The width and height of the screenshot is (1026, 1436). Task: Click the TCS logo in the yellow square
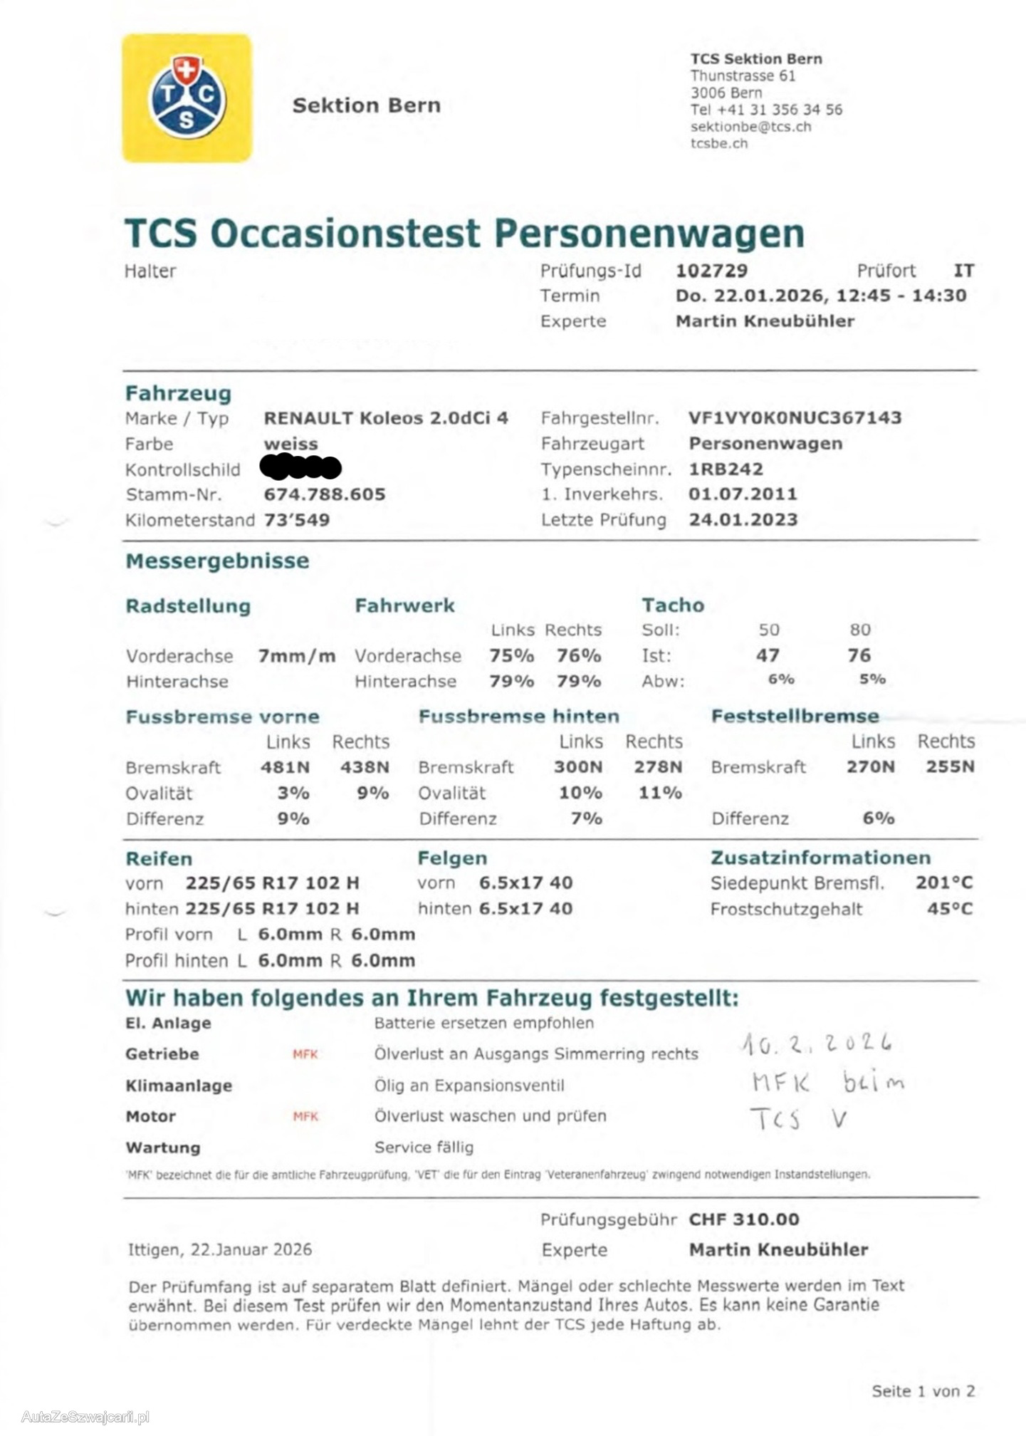click(x=187, y=98)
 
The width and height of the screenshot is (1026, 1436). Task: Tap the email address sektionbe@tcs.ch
click(x=750, y=127)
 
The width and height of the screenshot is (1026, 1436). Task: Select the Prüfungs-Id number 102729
click(x=711, y=271)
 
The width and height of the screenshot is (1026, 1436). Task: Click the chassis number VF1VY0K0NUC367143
click(x=795, y=418)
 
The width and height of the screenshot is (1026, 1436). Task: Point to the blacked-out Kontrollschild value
click(x=300, y=468)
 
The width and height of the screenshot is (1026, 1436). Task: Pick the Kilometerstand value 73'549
click(x=297, y=520)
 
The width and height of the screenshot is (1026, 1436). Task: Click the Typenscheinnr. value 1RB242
click(x=726, y=469)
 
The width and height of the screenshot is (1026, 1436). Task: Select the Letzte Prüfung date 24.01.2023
click(x=743, y=520)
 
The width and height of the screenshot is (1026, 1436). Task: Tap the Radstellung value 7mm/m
click(x=296, y=656)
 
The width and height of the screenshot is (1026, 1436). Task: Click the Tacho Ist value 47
click(x=768, y=655)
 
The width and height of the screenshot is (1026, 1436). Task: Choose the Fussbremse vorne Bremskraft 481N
click(x=285, y=767)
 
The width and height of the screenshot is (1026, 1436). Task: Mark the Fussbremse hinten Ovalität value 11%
click(x=660, y=793)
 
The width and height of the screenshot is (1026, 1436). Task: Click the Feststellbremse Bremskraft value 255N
click(x=950, y=767)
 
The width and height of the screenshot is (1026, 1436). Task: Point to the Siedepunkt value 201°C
click(x=944, y=883)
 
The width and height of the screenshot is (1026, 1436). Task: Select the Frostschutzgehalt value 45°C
click(x=949, y=909)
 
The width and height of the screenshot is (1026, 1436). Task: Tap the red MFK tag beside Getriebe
click(x=305, y=1054)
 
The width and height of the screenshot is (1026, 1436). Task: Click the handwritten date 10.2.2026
click(x=816, y=1044)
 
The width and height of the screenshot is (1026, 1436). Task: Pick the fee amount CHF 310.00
click(x=743, y=1219)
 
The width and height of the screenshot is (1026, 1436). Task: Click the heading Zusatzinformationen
click(x=820, y=858)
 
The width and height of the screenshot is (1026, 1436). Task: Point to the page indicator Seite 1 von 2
click(x=923, y=1391)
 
